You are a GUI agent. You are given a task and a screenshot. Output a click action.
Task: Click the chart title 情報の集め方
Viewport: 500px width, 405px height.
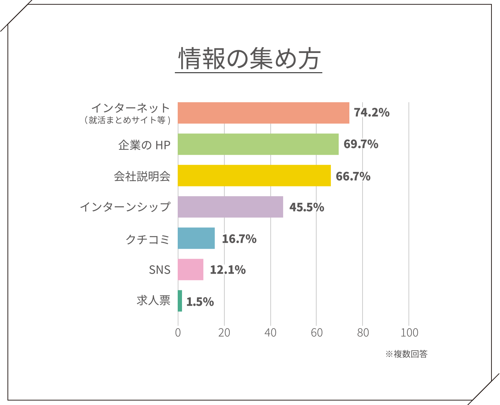point(249,59)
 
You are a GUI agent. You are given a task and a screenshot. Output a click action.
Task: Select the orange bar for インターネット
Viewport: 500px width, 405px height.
point(263,113)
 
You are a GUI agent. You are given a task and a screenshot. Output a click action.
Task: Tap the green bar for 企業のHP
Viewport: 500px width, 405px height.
point(258,144)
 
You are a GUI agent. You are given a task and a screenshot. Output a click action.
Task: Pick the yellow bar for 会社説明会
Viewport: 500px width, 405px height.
point(254,175)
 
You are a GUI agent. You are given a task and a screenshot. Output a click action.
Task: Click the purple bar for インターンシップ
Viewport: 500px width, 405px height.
point(230,207)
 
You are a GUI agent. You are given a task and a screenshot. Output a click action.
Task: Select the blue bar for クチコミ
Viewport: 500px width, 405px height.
point(196,238)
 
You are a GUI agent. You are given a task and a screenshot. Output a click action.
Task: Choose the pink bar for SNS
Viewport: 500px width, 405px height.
point(190,269)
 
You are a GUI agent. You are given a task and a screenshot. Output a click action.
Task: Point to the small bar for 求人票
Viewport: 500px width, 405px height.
point(180,301)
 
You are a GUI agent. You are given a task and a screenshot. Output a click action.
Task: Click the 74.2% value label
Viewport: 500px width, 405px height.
point(371,113)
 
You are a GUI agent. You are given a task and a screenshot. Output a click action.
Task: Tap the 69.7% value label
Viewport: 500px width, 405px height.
point(361,144)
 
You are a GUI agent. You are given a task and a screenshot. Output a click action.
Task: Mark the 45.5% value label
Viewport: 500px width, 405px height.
point(307,207)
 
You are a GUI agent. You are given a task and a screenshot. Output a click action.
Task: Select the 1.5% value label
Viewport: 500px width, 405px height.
point(200,302)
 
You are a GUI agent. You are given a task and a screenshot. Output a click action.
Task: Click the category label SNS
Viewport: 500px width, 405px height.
point(160,270)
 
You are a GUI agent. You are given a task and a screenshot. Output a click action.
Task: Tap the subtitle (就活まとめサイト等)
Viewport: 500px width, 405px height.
point(127,120)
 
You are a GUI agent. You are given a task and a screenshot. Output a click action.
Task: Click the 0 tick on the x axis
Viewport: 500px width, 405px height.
point(178,333)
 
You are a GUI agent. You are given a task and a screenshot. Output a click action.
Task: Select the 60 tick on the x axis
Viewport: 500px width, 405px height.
point(317,333)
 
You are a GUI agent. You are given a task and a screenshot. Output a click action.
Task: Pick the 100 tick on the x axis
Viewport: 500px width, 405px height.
point(409,333)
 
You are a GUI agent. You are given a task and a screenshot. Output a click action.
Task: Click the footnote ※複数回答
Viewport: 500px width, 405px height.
point(406,354)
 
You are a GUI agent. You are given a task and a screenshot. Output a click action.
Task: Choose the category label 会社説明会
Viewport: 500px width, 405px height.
point(142,176)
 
